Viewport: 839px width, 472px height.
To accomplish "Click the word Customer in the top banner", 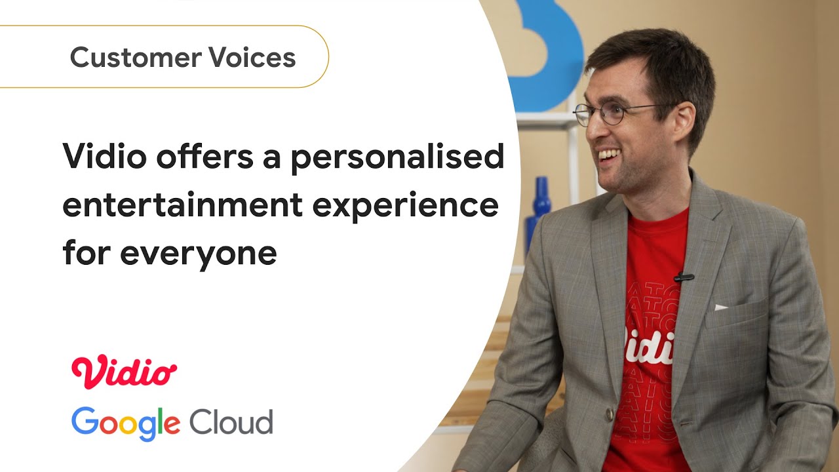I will pyautogui.click(x=133, y=58).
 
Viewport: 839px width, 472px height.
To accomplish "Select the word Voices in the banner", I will pyautogui.click(x=253, y=58).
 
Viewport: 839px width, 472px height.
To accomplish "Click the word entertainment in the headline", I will pyautogui.click(x=182, y=205).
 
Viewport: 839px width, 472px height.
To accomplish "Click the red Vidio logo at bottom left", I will pyautogui.click(x=124, y=370).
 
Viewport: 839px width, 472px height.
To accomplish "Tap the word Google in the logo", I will pyautogui.click(x=125, y=422).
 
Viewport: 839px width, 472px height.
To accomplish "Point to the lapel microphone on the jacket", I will pyautogui.click(x=684, y=277).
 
